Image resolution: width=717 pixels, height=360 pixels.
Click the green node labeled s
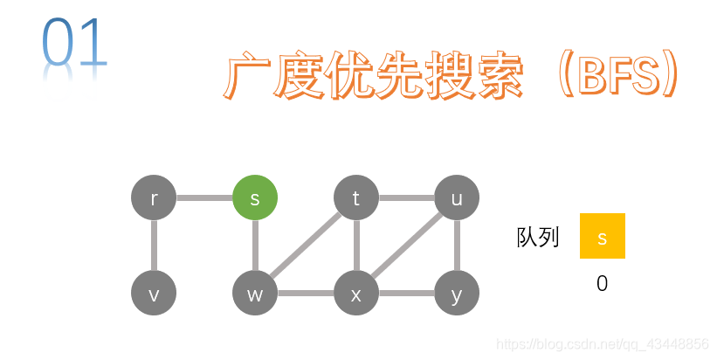pyautogui.click(x=255, y=198)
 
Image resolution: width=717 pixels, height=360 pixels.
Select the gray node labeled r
pyautogui.click(x=154, y=198)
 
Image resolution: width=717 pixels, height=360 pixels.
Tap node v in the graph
pyautogui.click(x=154, y=294)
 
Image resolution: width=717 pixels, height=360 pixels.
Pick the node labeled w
pyautogui.click(x=255, y=294)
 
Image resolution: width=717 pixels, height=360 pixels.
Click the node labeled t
pyautogui.click(x=356, y=198)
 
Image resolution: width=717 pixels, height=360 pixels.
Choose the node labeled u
pyautogui.click(x=457, y=198)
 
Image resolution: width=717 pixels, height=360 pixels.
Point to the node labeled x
pyautogui.click(x=356, y=294)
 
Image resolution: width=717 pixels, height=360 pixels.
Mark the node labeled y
pyautogui.click(x=457, y=294)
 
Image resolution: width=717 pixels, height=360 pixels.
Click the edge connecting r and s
pyautogui.click(x=204, y=198)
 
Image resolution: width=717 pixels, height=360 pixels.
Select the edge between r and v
pyautogui.click(x=154, y=246)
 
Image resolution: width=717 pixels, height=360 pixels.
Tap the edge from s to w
pyautogui.click(x=255, y=246)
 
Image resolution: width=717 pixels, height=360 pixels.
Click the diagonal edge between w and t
pyautogui.click(x=306, y=246)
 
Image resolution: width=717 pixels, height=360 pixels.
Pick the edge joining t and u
pyautogui.click(x=406, y=198)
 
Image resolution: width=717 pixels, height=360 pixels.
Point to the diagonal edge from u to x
pyautogui.click(x=407, y=246)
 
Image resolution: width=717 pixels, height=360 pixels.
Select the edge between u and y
pyautogui.click(x=457, y=246)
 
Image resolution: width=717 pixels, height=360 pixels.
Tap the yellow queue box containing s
pyautogui.click(x=602, y=236)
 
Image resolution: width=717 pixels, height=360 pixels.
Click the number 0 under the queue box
pyautogui.click(x=602, y=283)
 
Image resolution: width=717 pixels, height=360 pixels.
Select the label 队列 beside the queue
pyautogui.click(x=538, y=237)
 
